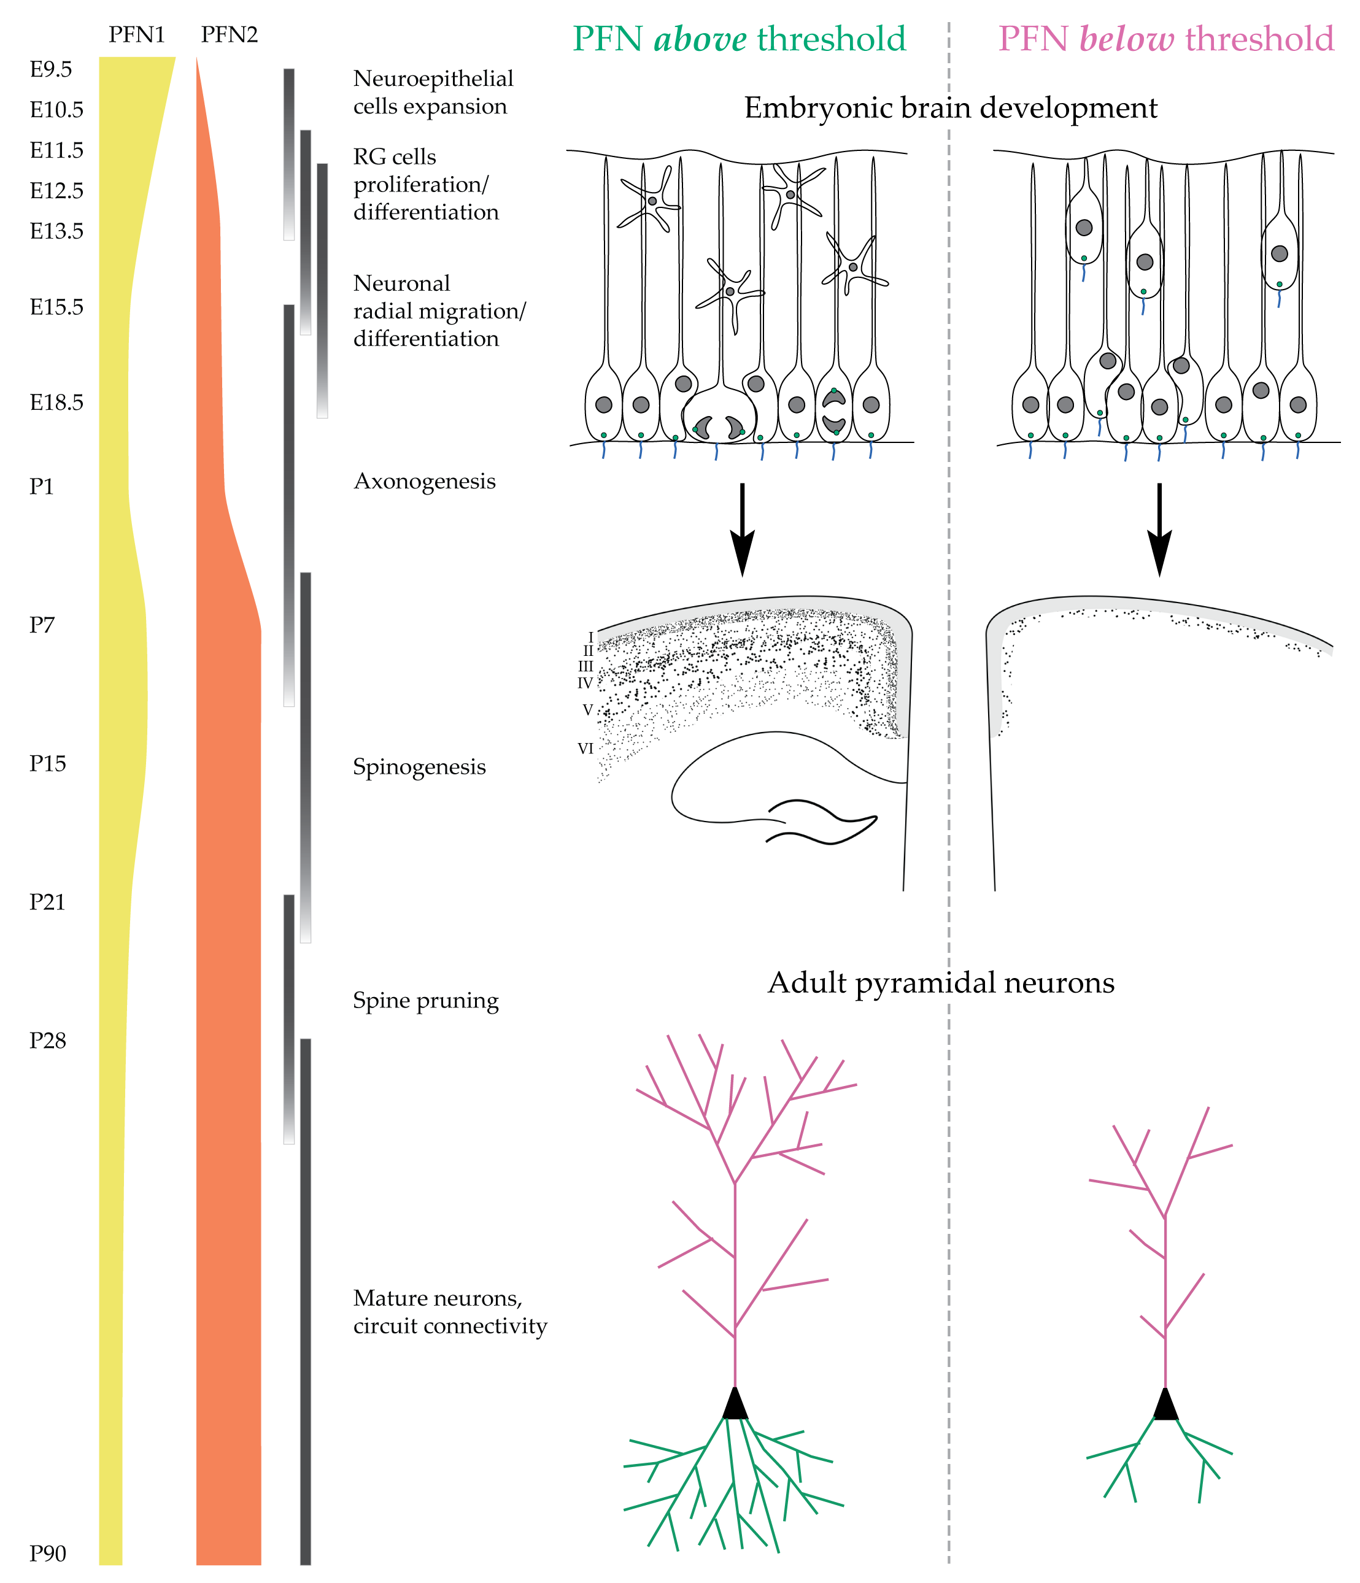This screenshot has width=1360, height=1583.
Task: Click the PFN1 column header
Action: (x=136, y=35)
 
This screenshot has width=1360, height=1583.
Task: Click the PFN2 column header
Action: (x=228, y=35)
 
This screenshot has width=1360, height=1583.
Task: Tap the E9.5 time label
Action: (x=50, y=69)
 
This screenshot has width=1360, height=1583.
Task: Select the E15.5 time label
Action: (x=56, y=307)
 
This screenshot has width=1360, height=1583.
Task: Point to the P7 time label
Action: (x=42, y=625)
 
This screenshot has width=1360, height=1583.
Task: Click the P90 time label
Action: (x=47, y=1553)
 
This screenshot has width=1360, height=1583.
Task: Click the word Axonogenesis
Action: (x=424, y=481)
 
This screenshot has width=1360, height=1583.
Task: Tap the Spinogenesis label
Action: (x=419, y=766)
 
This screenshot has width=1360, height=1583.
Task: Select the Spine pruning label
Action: (x=425, y=1000)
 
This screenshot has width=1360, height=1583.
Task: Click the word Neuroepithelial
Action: (x=433, y=79)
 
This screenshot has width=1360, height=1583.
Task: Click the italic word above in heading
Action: (x=700, y=39)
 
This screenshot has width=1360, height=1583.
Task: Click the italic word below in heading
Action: (x=1126, y=39)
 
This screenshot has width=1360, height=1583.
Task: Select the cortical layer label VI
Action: (x=585, y=749)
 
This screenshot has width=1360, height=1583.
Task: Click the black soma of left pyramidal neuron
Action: (x=735, y=1404)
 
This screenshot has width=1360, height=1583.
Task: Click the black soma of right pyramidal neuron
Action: (x=1165, y=1404)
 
